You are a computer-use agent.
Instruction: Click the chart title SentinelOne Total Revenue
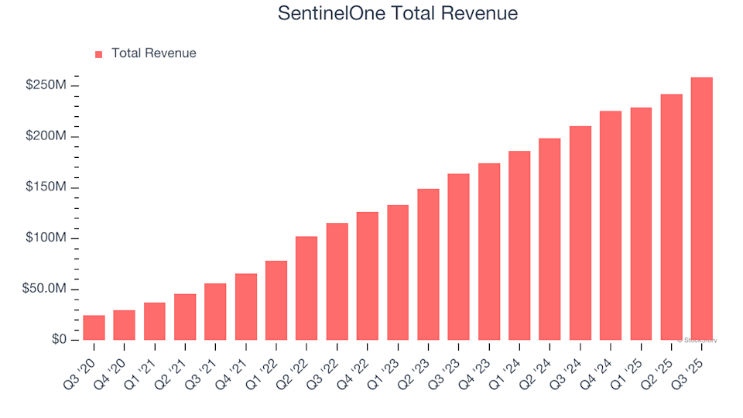coord(397,14)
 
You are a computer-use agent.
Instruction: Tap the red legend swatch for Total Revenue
coord(98,54)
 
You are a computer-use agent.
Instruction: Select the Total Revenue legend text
coord(153,53)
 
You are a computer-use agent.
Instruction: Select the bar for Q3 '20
coord(94,327)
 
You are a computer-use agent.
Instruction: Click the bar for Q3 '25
coord(701,209)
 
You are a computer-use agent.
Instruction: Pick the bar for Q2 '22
coord(306,288)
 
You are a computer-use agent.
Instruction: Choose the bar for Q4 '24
coord(611,225)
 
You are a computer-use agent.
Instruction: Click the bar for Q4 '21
coord(246,307)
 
